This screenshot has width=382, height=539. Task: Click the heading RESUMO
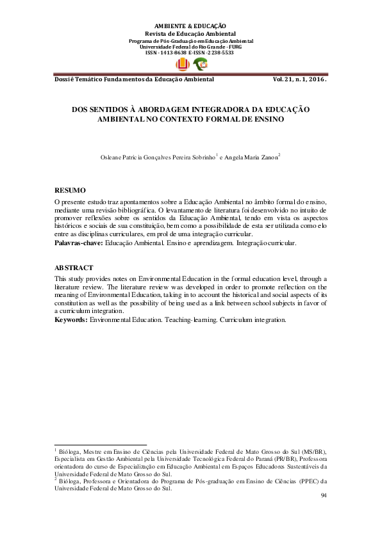pyautogui.click(x=70, y=191)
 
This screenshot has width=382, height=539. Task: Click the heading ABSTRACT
pyautogui.click(x=74, y=268)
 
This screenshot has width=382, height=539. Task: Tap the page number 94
pyautogui.click(x=324, y=495)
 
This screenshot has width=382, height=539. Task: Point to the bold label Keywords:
pyautogui.click(x=71, y=319)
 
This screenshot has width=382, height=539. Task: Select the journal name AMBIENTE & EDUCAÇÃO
pyautogui.click(x=191, y=26)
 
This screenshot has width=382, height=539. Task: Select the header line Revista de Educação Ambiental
pyautogui.click(x=191, y=33)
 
